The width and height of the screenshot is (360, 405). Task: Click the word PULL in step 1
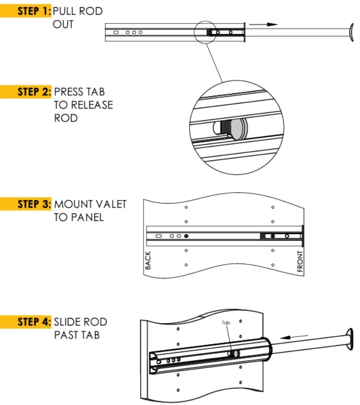point(66,11)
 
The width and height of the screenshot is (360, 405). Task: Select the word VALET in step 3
point(114,204)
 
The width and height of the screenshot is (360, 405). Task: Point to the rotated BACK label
point(148,260)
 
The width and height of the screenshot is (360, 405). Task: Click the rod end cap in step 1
point(351,32)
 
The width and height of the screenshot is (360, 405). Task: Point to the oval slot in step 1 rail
point(115,32)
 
